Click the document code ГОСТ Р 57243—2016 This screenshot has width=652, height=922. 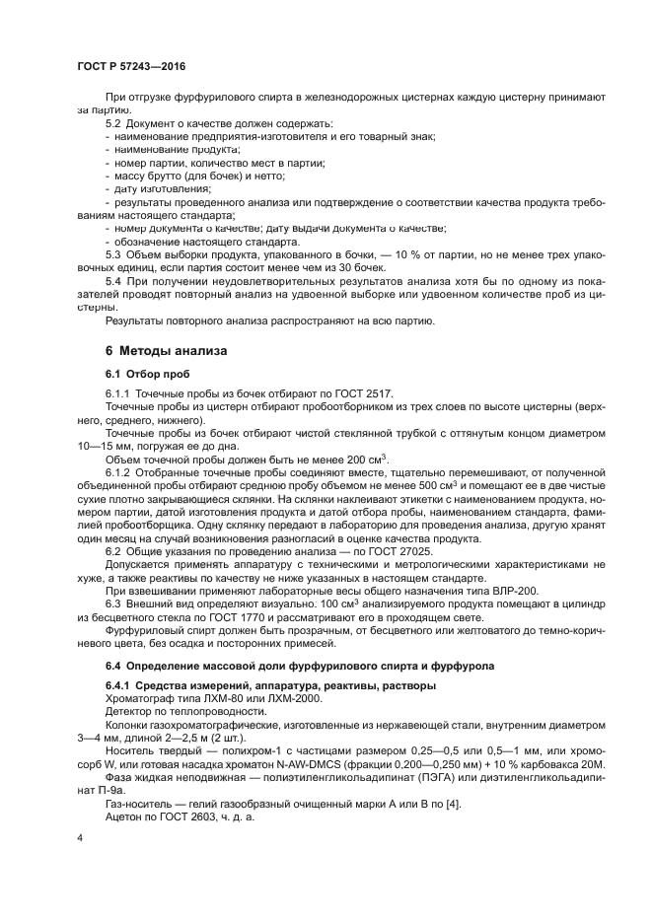coord(130,64)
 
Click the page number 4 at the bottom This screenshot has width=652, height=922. coord(79,837)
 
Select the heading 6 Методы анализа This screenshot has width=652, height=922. coord(166,350)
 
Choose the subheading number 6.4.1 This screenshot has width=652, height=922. coord(120,685)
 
